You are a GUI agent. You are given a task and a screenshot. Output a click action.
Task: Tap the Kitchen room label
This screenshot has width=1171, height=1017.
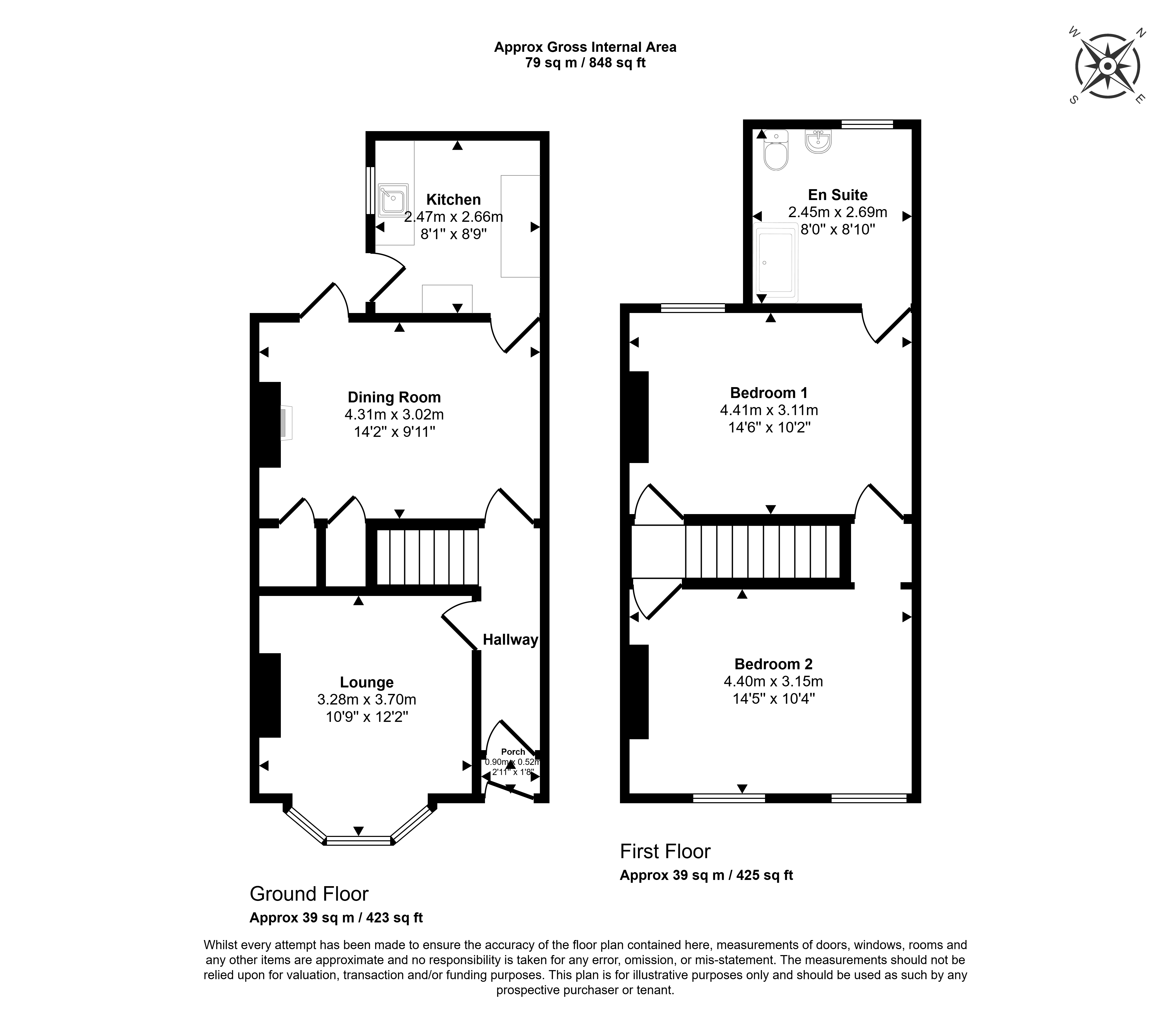[453, 200]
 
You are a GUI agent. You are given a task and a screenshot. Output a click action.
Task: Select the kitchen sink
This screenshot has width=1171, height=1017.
[393, 200]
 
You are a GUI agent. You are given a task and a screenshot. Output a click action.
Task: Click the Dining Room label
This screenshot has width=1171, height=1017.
[394, 397]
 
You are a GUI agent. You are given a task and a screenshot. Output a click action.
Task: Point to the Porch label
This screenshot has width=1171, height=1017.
[513, 751]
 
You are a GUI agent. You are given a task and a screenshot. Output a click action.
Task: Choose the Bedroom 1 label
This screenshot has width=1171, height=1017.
[769, 393]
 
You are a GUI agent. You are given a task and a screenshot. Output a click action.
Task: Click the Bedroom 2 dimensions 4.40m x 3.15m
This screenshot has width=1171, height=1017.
[773, 681]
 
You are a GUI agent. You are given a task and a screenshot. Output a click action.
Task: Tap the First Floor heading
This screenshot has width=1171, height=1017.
[665, 851]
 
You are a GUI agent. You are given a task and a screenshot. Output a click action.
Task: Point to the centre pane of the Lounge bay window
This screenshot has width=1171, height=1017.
[359, 841]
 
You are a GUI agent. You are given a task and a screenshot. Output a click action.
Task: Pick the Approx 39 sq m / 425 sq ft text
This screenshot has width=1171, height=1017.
[706, 875]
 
